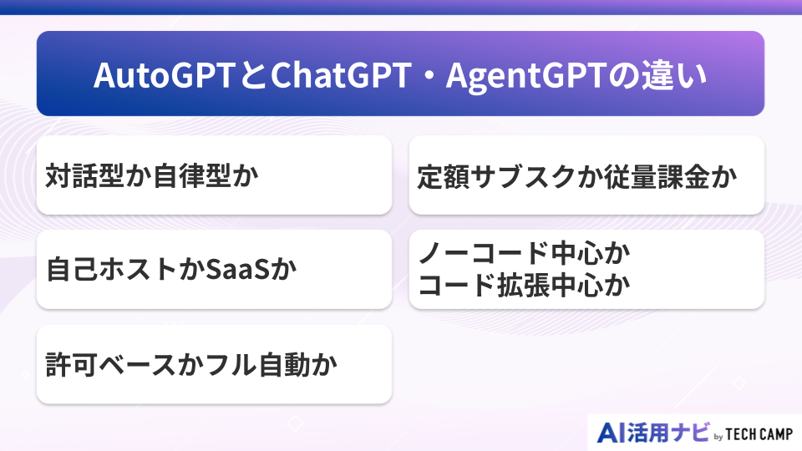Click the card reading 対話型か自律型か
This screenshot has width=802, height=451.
pos(214,175)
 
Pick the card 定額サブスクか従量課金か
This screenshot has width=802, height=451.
pos(586,175)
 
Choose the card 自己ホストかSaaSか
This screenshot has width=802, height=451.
pos(214,270)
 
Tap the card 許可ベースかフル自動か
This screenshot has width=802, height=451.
pos(214,365)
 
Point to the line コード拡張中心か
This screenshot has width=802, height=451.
pos(523,286)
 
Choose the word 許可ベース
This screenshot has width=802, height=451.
pos(110,366)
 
